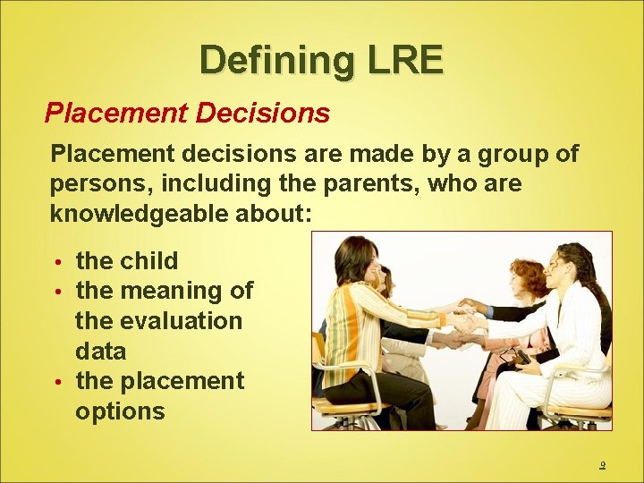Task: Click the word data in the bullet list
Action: tap(100, 351)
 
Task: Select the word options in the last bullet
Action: tap(120, 411)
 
